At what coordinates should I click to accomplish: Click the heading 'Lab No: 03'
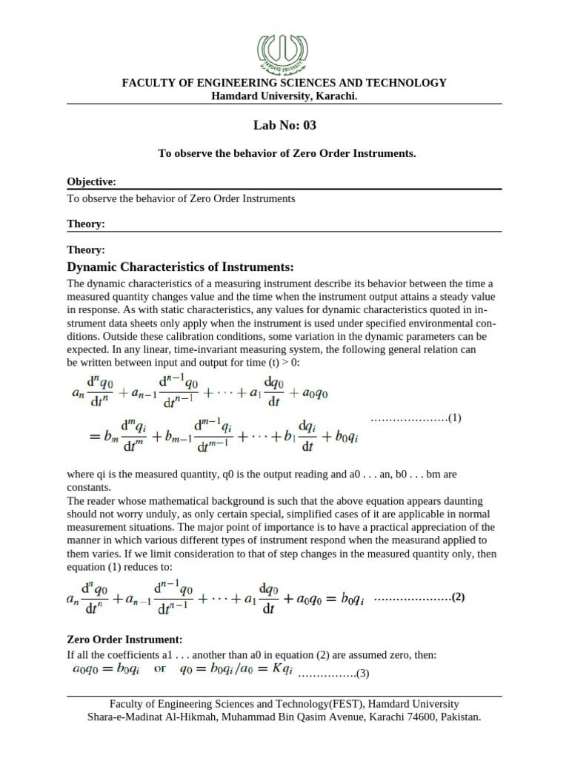point(284,125)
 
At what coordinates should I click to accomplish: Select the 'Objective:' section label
point(91,181)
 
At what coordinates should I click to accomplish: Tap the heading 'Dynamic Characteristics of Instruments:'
point(181,266)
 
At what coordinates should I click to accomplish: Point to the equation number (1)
point(454,417)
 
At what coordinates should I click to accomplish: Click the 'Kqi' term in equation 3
point(282,669)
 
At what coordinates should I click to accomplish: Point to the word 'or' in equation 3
point(159,669)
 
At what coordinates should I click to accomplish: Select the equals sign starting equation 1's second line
point(74,437)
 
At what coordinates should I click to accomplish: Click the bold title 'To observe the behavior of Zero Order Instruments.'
point(287,153)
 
